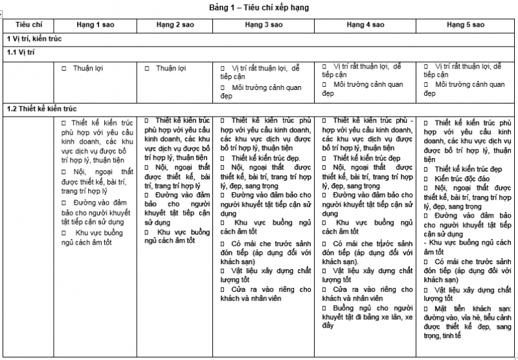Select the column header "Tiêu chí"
click(x=28, y=25)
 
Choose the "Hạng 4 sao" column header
click(x=365, y=25)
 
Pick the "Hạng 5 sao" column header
click(x=466, y=25)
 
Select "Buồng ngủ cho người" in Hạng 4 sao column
click(x=373, y=308)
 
